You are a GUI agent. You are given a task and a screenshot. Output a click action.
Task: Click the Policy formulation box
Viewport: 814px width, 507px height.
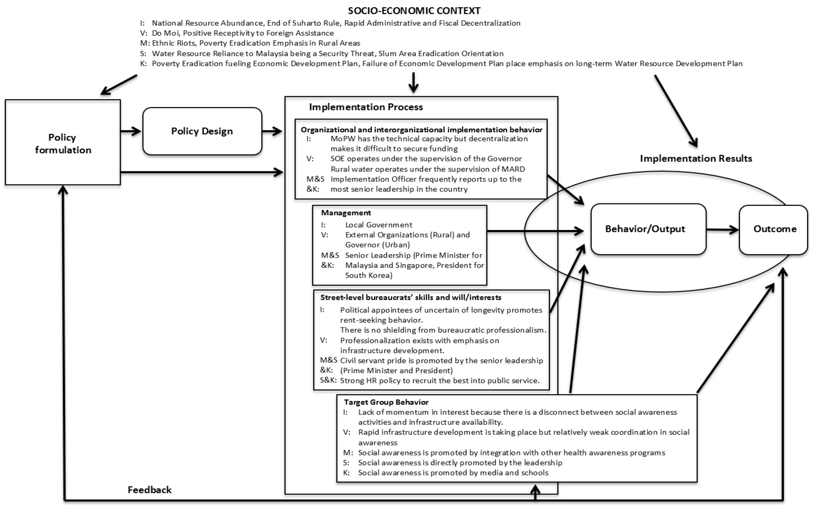(x=63, y=143)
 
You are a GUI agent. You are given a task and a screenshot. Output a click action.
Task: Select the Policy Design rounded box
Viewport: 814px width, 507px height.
(x=202, y=131)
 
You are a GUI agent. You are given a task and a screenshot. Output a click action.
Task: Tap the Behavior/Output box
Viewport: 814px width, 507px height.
(x=648, y=229)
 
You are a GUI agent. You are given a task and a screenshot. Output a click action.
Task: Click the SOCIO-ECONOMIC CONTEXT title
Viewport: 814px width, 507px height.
(x=414, y=11)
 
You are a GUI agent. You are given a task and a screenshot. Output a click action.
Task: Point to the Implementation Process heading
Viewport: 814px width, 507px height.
(x=366, y=107)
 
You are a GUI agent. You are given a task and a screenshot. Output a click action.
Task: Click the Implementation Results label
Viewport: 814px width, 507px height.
(x=696, y=158)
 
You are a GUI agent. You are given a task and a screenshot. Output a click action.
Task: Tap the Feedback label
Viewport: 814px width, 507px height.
(x=150, y=490)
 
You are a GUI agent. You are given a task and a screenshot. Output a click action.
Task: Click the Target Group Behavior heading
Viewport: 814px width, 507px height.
(x=386, y=402)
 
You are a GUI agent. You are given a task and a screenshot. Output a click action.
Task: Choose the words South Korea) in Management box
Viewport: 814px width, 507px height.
(x=369, y=275)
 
